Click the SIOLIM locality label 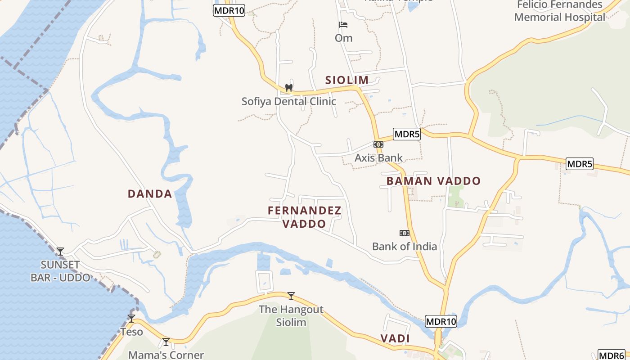click(347, 81)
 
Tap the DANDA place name click(150, 194)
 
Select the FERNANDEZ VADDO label click(305, 217)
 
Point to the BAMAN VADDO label click(433, 181)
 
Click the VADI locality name click(395, 338)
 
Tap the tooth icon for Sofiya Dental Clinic click(289, 88)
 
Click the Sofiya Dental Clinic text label click(289, 101)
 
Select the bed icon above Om click(343, 24)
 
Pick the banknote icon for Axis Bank click(378, 144)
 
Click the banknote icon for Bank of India click(405, 233)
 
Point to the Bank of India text click(405, 246)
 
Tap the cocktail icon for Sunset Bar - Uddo click(60, 251)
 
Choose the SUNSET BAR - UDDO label click(60, 271)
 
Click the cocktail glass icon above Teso click(131, 319)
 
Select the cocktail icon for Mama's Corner click(166, 342)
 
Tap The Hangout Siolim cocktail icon click(291, 296)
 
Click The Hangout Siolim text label click(291, 316)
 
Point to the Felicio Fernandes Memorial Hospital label click(560, 11)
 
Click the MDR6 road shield click(612, 355)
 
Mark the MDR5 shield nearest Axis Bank click(406, 134)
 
